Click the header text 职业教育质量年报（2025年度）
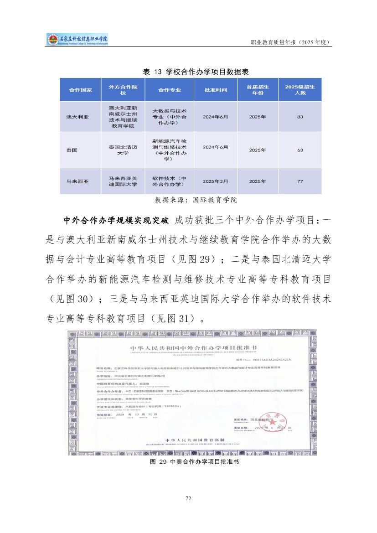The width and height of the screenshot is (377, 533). coord(290,42)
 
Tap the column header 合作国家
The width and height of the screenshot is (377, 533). coord(80,90)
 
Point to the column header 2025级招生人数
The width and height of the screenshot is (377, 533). coord(300,90)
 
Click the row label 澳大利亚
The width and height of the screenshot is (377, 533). coord(77,117)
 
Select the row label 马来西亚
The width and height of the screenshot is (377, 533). coord(77,181)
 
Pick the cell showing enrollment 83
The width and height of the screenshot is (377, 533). coord(300,117)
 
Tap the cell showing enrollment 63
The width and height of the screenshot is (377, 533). coord(300,150)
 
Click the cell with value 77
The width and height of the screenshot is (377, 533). coord(300,181)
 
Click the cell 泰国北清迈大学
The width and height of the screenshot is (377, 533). coord(123,150)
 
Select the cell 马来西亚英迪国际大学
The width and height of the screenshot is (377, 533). coord(123,181)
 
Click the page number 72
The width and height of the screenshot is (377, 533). coord(188,498)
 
